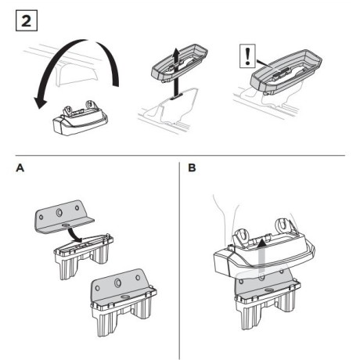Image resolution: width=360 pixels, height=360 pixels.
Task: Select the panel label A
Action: click(x=12, y=168)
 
